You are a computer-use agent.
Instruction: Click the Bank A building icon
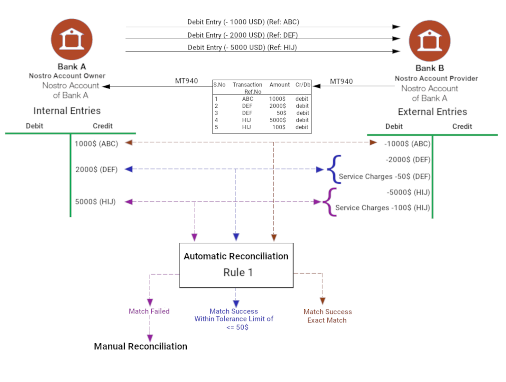72,39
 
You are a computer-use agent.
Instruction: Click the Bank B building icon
429,41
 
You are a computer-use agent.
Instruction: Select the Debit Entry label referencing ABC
243,22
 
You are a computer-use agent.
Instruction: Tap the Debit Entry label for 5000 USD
242,47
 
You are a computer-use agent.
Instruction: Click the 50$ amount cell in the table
281,113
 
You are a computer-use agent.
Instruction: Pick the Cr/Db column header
303,85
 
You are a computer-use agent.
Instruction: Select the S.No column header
219,85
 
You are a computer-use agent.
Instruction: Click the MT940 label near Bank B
341,81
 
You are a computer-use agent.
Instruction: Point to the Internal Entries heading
67,111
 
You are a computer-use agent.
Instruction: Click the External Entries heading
432,112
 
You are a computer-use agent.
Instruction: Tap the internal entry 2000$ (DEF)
96,169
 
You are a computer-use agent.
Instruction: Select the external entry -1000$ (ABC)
407,144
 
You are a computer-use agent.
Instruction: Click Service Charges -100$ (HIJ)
382,208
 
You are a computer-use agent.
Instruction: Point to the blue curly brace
334,169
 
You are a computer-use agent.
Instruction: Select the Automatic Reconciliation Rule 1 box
236,265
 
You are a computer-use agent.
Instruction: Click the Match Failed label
149,311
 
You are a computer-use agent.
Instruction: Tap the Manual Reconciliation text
140,346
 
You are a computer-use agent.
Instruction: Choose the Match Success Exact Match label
327,316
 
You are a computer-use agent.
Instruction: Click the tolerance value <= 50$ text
237,327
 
